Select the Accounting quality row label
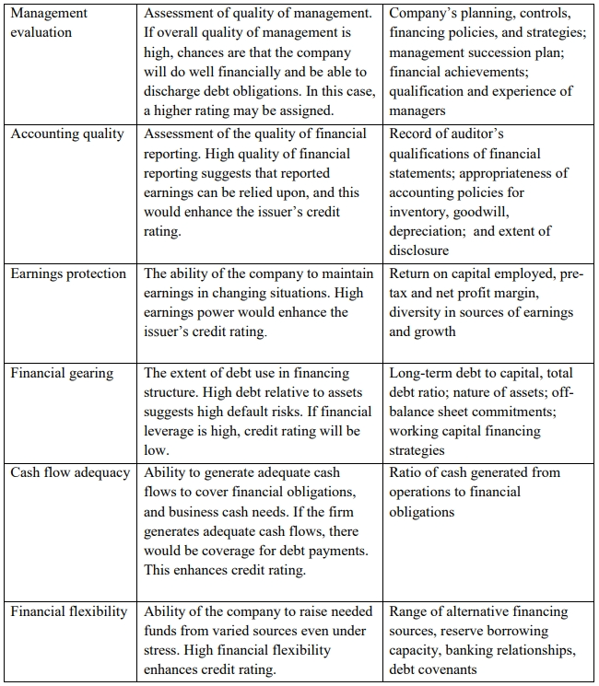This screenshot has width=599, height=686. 67,134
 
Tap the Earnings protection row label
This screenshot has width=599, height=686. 69,273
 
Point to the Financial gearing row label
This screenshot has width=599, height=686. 63,373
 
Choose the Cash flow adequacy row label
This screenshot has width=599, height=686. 71,472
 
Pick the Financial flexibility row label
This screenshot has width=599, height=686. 69,611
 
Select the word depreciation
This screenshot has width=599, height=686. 428,231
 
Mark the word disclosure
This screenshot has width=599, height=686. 418,250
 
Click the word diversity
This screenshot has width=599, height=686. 416,312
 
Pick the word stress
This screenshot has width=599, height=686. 163,650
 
